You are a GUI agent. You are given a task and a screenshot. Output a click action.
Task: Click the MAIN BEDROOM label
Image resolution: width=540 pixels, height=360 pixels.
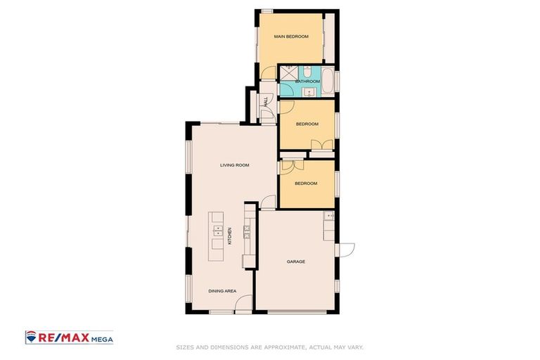pos(291,37)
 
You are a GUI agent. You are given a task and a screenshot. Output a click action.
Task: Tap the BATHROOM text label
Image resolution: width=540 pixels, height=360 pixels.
pos(307,82)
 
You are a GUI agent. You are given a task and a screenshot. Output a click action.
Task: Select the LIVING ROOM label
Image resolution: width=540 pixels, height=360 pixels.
pos(234,165)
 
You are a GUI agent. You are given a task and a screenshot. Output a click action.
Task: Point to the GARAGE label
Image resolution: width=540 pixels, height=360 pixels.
pos(295,262)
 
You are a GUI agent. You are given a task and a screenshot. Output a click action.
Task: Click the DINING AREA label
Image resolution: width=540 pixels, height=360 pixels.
pos(221,290)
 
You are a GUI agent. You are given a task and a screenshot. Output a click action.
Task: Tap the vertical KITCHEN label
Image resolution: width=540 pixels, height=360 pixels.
pos(230,236)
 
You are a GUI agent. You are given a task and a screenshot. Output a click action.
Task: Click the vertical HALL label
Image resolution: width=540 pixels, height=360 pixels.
pos(265,102)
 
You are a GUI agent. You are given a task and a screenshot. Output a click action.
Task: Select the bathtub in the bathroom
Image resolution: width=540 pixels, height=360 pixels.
pos(328,81)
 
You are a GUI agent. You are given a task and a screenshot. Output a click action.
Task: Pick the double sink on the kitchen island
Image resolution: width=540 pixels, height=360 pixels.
pos(218,230)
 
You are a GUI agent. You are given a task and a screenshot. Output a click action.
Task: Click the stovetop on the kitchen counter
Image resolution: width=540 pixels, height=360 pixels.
pos(247,231)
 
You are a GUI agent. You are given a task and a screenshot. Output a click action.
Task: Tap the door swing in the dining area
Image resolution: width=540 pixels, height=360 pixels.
pos(243,304)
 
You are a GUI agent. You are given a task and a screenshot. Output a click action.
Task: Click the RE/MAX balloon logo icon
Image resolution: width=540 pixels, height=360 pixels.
pos(32,337)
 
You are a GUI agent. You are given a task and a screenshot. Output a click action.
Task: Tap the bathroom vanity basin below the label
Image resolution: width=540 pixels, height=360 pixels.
pos(307,91)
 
